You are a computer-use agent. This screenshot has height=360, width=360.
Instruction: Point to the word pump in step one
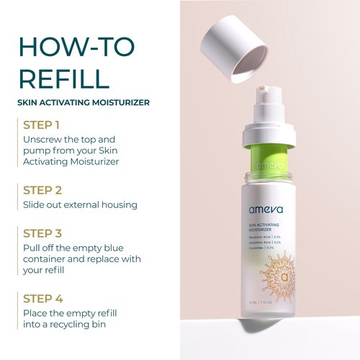[38, 150]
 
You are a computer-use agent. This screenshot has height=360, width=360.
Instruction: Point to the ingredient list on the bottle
[260, 243]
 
